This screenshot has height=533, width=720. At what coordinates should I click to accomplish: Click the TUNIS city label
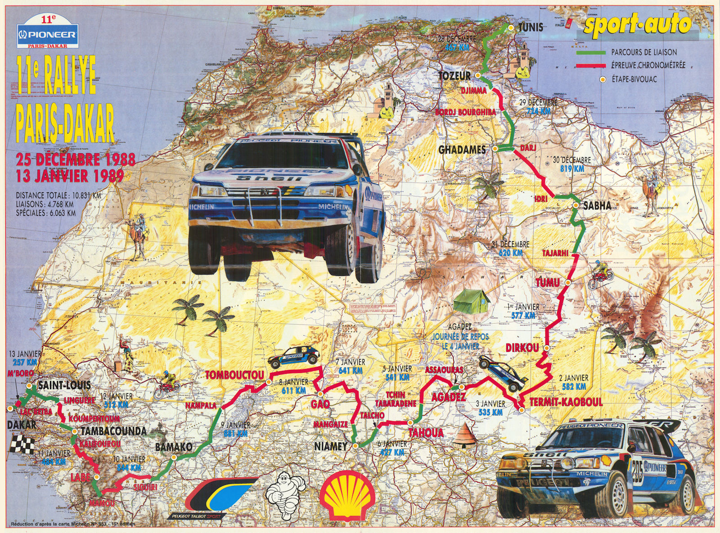(531, 27)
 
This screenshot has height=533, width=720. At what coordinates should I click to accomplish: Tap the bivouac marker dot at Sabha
(576, 206)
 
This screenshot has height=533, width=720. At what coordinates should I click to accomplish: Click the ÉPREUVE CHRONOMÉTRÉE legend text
(648, 66)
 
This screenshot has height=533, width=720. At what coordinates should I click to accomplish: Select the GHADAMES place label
(462, 150)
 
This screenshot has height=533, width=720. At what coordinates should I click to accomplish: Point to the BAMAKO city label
(174, 447)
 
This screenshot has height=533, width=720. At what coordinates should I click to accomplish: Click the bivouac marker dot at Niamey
(355, 446)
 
